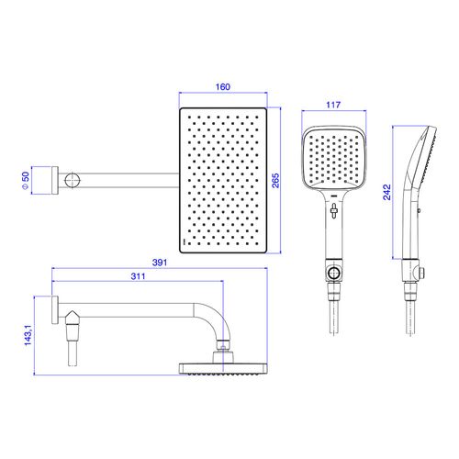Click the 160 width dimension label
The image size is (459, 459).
[223, 87]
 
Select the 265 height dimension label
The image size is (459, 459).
[275, 181]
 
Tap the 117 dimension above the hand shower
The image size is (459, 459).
[333, 105]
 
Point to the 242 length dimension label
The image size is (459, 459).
[386, 192]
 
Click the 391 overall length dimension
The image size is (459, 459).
[160, 263]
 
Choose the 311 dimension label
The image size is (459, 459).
[138, 276]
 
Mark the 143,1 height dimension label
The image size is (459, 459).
[28, 335]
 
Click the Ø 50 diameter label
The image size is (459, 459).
[25, 181]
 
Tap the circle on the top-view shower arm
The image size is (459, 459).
[73, 180]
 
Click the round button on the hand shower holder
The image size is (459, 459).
[333, 272]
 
